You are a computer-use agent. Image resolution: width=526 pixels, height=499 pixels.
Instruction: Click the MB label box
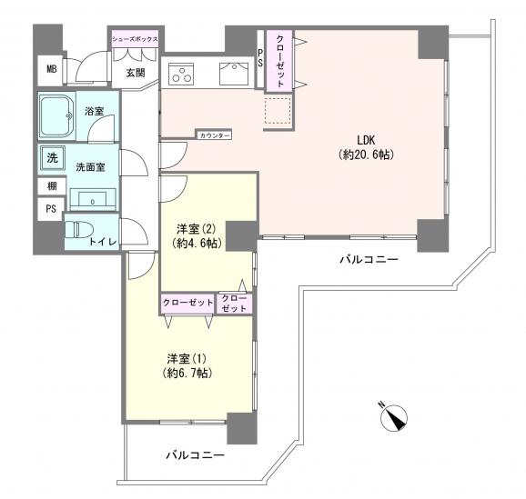[x=52, y=68]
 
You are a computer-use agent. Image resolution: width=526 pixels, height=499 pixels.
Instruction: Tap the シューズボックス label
[x=135, y=40]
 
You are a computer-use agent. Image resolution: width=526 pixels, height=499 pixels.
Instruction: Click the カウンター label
[x=214, y=135]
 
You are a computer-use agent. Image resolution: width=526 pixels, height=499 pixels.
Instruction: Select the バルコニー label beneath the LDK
[x=369, y=260]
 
